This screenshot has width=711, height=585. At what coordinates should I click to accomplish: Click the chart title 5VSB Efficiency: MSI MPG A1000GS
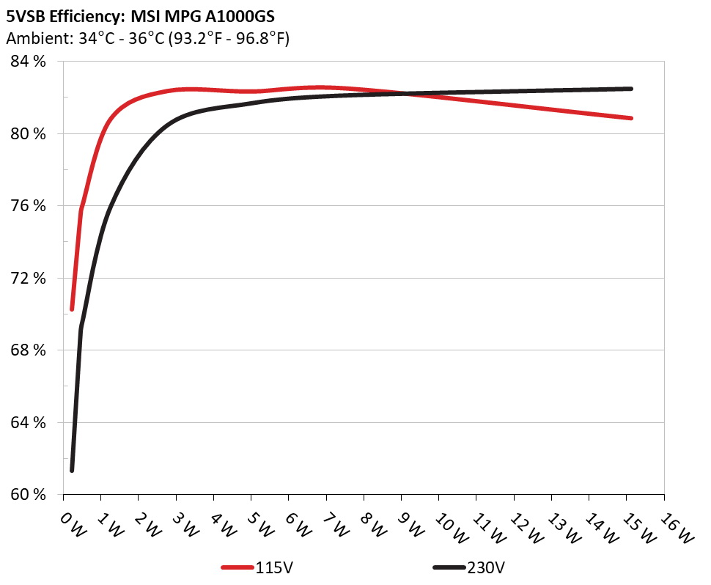[140, 15]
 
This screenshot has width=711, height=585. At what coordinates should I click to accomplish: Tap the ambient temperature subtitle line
[147, 39]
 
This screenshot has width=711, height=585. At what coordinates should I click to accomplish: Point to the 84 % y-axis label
[29, 62]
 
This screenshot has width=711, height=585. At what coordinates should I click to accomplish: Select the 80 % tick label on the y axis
[29, 134]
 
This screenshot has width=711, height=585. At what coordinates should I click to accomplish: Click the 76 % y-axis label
[29, 206]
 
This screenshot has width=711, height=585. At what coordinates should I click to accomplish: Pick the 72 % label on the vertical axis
[29, 279]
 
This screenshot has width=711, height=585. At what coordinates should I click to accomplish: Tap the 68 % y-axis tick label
[29, 350]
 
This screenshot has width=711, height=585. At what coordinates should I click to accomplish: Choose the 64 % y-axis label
[29, 423]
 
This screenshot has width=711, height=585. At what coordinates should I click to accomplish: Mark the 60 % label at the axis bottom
[29, 495]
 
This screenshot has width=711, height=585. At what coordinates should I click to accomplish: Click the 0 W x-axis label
[71, 523]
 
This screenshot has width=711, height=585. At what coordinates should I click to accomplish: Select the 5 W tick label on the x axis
[259, 523]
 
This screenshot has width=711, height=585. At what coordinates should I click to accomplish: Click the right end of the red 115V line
[630, 118]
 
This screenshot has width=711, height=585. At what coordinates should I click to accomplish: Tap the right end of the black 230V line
[630, 89]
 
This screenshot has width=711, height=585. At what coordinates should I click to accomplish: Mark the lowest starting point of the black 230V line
[72, 470]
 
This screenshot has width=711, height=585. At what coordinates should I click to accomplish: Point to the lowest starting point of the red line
[72, 309]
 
